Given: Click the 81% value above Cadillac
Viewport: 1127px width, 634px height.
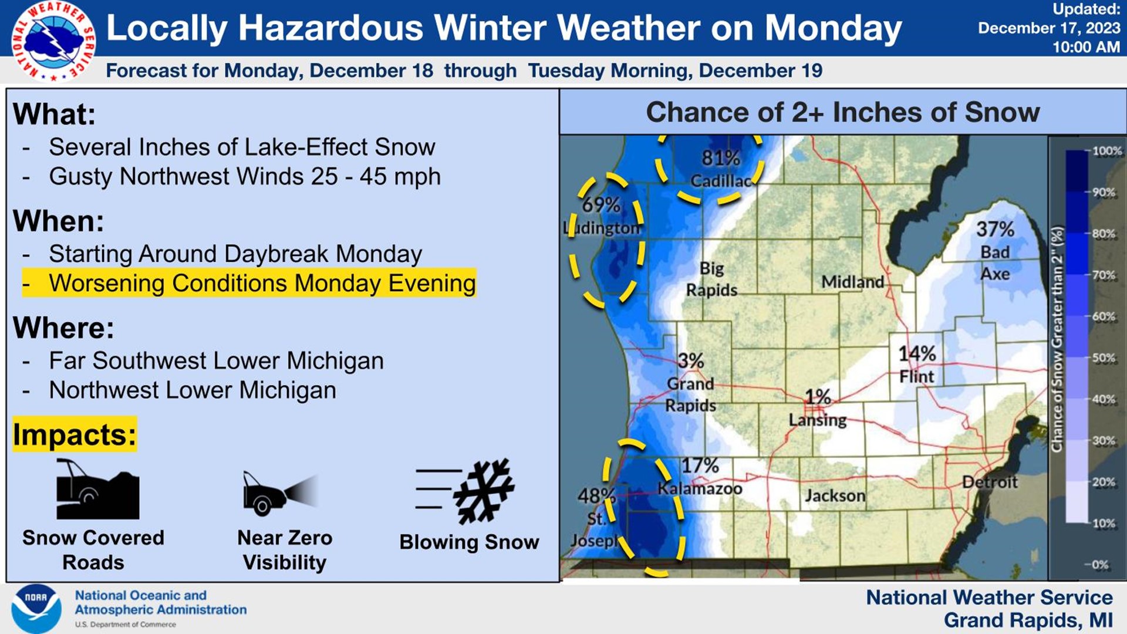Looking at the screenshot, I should (720, 158).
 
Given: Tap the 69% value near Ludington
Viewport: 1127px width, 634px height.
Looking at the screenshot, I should (600, 205).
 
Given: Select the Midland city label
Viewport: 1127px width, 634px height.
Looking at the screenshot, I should (852, 282).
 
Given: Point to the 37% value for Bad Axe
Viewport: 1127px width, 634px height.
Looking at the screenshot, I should (995, 229).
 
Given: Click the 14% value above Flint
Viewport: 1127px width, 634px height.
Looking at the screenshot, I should (917, 354).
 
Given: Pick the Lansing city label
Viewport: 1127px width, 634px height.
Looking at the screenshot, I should (818, 420).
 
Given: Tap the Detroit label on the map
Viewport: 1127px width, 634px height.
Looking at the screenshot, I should (990, 482).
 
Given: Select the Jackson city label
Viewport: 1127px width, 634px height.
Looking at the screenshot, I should (835, 496).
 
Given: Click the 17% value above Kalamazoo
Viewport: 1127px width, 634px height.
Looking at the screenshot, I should (700, 466).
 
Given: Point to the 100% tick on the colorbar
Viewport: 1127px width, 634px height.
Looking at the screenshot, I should (1106, 151).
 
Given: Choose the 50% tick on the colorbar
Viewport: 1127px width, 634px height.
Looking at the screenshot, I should (1104, 358).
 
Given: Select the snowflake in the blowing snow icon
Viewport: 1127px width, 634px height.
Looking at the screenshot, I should (484, 491).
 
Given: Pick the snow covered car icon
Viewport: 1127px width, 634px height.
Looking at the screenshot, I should (97, 490).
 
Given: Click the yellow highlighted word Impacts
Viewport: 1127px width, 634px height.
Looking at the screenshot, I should (75, 435).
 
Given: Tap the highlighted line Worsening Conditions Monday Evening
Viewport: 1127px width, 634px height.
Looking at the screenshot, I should (249, 283).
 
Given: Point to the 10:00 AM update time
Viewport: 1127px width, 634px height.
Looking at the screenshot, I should (1086, 47).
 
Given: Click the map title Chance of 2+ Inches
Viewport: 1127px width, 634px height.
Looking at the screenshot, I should (842, 112).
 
